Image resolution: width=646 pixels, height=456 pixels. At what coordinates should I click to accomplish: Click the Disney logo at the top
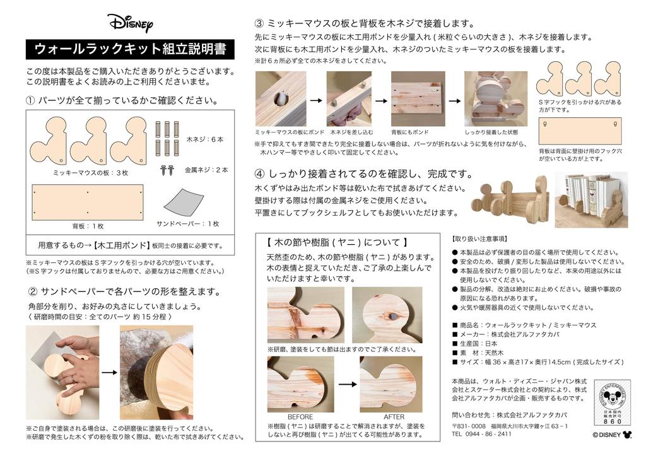[x=130, y=23]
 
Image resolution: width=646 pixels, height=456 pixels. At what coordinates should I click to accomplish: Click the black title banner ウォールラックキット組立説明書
[x=130, y=49]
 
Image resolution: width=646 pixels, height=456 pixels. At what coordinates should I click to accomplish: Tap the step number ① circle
[x=30, y=101]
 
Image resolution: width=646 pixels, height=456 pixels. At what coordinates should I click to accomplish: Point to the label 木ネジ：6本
[x=206, y=138]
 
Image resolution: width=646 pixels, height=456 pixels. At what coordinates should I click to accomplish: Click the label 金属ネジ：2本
[x=206, y=170]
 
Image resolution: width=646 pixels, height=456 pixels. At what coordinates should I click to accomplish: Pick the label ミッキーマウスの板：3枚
[x=91, y=172]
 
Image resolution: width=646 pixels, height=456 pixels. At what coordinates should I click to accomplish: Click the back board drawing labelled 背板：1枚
[x=88, y=202]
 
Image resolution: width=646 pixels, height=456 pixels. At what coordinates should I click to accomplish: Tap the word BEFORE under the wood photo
[x=300, y=417]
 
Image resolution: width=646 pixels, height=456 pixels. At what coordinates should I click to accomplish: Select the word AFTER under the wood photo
[x=394, y=417]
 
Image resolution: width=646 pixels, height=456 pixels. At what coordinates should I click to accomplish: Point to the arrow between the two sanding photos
[x=109, y=372]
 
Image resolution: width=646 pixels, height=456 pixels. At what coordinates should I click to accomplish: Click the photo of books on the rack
[x=591, y=199]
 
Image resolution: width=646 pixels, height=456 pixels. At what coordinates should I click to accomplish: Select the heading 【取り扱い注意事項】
[x=479, y=239]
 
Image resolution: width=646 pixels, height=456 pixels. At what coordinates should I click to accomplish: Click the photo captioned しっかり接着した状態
[x=495, y=98]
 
